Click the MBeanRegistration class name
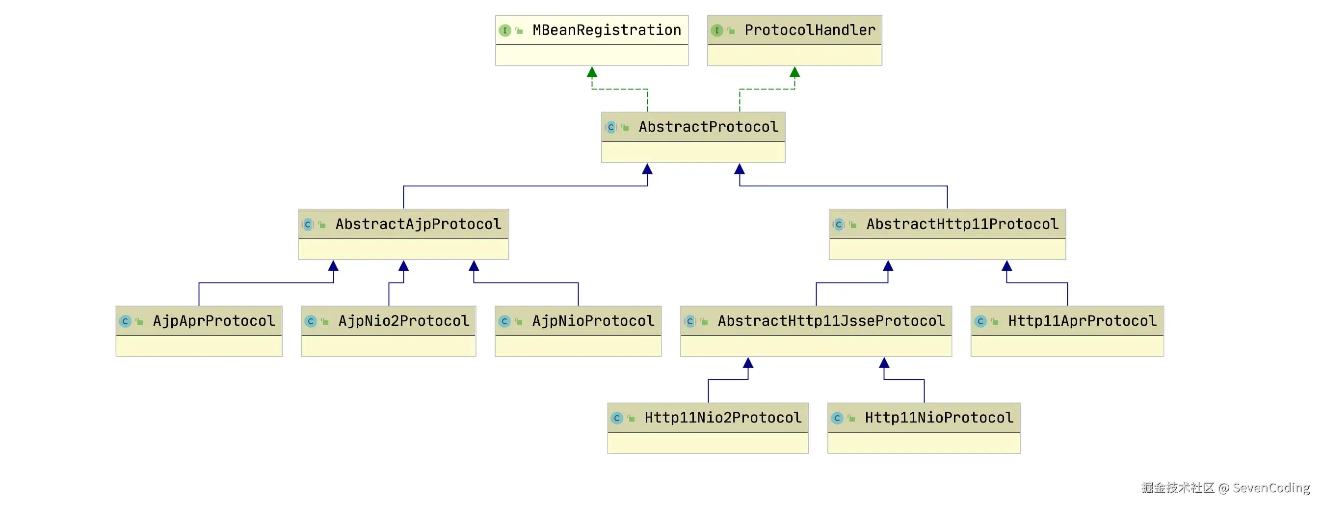[607, 30]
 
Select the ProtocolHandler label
[810, 30]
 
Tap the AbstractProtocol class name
[708, 127]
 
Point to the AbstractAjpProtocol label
[418, 224]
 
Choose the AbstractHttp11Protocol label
[962, 224]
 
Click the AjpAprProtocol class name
[213, 321]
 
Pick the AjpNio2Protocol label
[404, 321]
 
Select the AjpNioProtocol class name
[593, 321]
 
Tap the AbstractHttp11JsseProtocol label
[831, 321]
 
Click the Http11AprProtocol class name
[1082, 321]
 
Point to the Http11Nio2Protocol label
[723, 418]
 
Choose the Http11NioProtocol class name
[939, 418]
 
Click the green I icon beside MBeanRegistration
[505, 31]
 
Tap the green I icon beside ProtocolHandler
[717, 31]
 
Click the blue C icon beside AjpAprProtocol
[125, 321]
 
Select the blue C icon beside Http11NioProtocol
[837, 418]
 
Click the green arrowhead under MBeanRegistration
[592, 72]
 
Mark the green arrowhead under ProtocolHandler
[794, 72]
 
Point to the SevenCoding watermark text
[1271, 487]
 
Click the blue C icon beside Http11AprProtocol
[980, 321]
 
